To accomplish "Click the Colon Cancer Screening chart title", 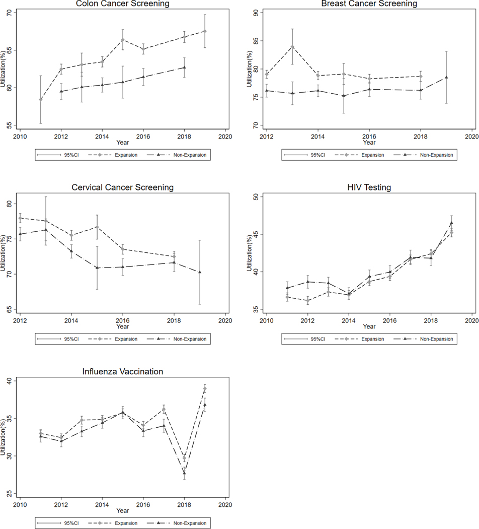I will point(122,4).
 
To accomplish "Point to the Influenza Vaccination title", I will point(122,372).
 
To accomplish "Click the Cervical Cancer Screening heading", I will point(122,188).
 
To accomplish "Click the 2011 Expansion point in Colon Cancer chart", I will point(41,99).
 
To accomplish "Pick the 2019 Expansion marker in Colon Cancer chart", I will point(205,31).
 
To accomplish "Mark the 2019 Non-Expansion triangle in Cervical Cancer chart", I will point(200,272).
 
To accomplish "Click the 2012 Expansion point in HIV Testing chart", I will point(307,301).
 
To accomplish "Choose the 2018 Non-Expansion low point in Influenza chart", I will point(184,473).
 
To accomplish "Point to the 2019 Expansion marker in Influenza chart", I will point(205,389).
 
